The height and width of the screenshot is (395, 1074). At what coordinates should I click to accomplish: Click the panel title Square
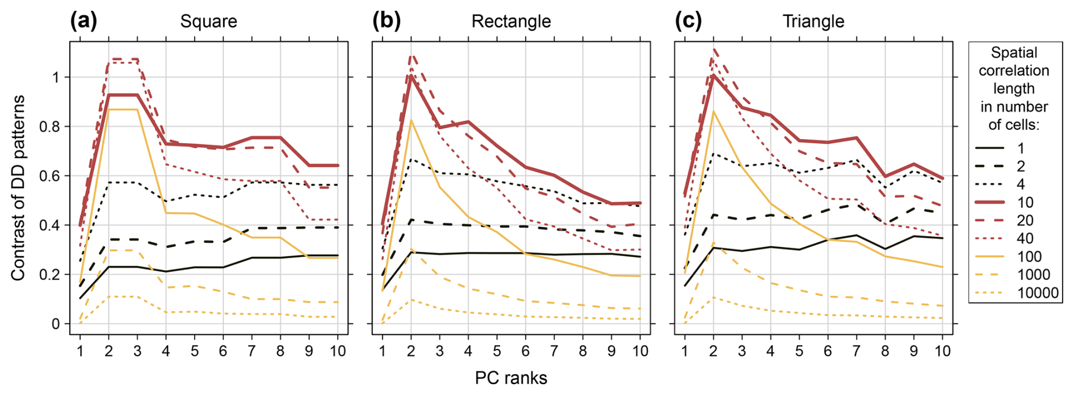[208, 22]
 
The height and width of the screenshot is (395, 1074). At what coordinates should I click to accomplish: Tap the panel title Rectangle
[511, 22]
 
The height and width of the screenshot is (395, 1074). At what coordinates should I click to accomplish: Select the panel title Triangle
[813, 22]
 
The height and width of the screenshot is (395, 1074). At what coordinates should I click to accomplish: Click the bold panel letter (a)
[83, 21]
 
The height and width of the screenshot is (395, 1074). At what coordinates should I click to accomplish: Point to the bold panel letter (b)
[387, 21]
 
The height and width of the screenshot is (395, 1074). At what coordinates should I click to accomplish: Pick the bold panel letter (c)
[689, 21]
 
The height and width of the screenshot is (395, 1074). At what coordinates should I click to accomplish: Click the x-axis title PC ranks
[511, 378]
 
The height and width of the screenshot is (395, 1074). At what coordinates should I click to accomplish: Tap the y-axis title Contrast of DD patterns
[18, 188]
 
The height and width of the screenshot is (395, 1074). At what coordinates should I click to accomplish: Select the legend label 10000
[1038, 293]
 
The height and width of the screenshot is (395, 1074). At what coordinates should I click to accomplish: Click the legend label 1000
[1034, 275]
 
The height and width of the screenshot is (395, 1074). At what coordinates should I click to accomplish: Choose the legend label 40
[1025, 238]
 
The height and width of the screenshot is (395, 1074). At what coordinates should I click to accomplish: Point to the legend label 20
[1025, 220]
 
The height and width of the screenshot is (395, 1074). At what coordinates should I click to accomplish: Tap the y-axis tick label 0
[56, 324]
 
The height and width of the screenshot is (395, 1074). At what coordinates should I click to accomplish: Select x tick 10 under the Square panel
[338, 351]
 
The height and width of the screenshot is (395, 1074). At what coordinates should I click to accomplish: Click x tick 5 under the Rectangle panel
[497, 351]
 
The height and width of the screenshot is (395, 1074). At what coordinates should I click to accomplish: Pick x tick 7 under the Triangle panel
[856, 351]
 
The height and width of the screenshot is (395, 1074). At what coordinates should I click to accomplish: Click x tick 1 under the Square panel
[80, 351]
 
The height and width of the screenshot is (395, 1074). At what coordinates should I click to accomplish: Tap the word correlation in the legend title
[1014, 71]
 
